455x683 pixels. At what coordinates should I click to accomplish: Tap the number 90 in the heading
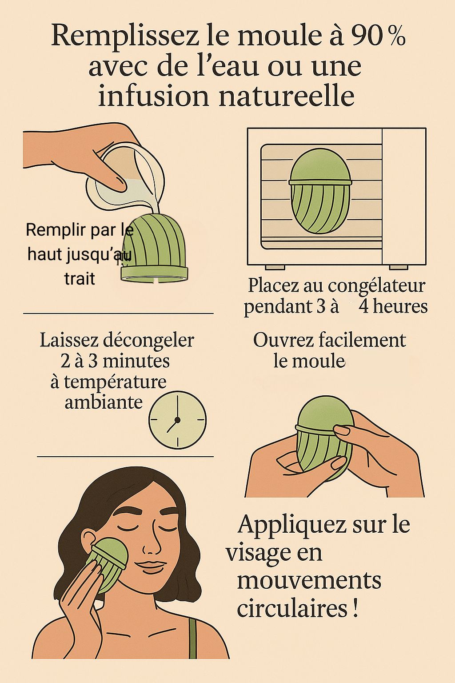coord(367,36)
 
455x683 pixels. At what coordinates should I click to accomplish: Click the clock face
coord(177,420)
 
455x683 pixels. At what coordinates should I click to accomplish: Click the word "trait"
coord(80,278)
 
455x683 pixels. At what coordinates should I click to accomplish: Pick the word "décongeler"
coord(148,341)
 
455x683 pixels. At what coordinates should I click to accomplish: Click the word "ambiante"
coord(104,402)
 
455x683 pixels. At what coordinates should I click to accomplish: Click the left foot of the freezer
coord(275,267)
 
